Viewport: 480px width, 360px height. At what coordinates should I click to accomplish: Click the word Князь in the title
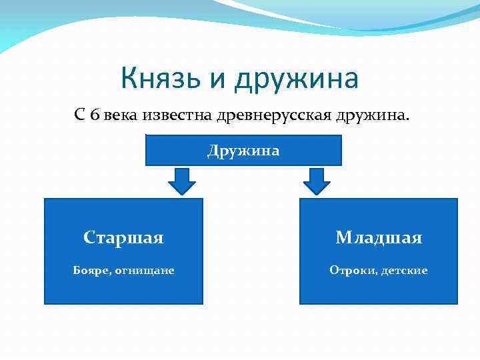[161, 79]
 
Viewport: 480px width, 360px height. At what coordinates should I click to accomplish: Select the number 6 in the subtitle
[96, 115]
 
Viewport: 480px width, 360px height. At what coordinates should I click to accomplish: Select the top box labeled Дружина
[243, 151]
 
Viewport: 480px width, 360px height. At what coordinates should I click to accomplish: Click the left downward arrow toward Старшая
[181, 180]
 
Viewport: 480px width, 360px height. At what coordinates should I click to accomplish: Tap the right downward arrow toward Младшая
[317, 180]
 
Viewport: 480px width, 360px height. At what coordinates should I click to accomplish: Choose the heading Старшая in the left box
[123, 237]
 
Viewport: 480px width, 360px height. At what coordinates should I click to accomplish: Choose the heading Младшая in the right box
[379, 237]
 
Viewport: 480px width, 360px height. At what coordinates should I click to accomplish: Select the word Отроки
[352, 270]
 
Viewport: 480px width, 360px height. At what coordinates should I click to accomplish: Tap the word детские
[405, 270]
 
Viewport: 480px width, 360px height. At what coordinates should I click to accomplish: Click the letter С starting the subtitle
[79, 115]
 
